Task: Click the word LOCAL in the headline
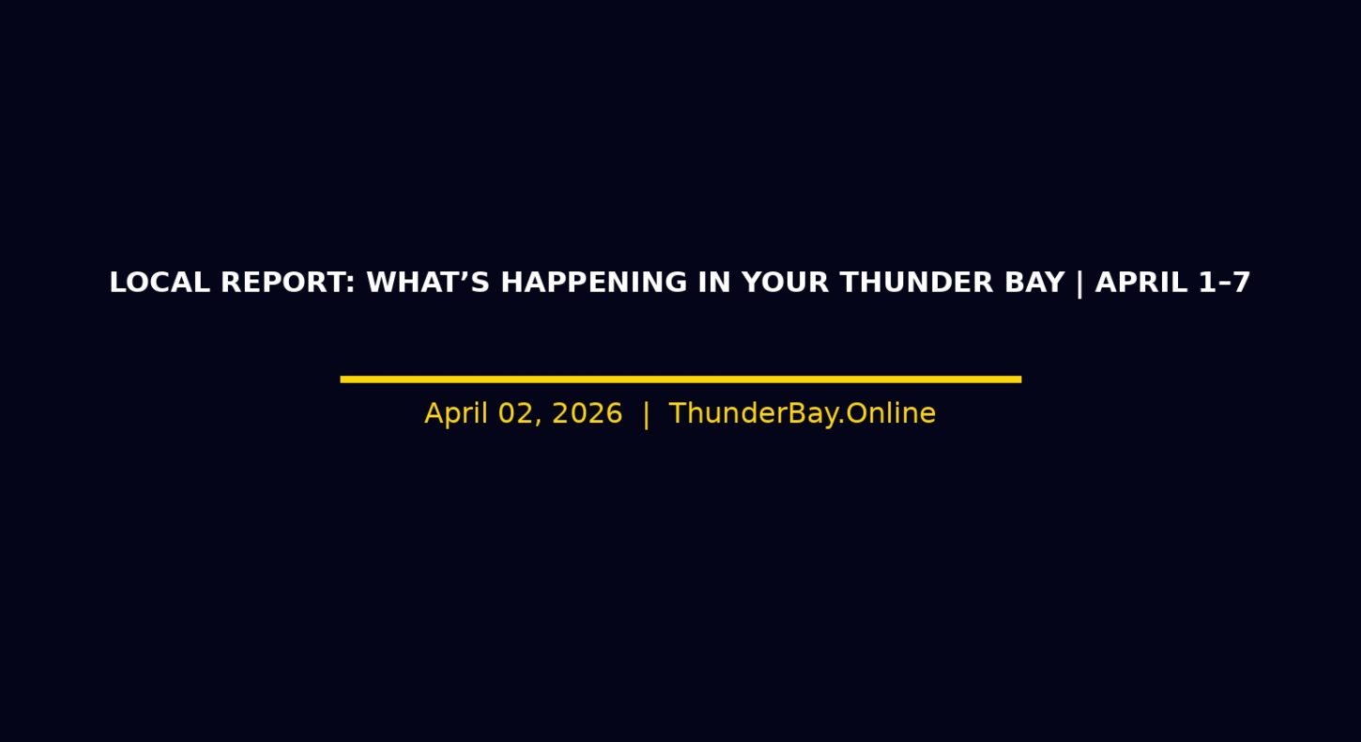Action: click(x=160, y=283)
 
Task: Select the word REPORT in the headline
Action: click(x=283, y=283)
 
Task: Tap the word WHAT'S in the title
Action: click(x=428, y=283)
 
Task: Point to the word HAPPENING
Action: click(x=593, y=283)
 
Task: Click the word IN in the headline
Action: click(x=714, y=283)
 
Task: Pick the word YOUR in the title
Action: click(x=785, y=283)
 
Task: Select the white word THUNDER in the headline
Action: click(x=916, y=283)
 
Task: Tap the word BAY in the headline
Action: click(x=1034, y=283)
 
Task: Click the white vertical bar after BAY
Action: click(x=1079, y=284)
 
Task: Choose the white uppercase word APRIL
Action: click(x=1141, y=283)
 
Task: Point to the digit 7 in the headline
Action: click(x=1241, y=283)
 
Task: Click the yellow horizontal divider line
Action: click(x=680, y=379)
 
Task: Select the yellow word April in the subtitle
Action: click(x=456, y=414)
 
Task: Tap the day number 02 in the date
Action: click(x=514, y=413)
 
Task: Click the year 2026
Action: click(x=587, y=413)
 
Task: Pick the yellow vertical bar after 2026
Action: click(x=646, y=415)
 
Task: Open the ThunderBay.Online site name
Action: click(x=802, y=413)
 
